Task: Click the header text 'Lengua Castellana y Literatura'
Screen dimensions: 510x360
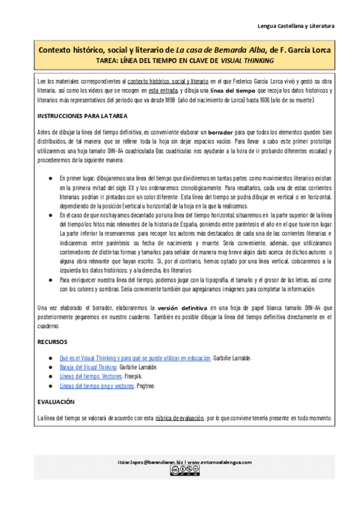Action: click(x=295, y=26)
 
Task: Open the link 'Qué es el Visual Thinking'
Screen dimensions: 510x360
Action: click(x=135, y=357)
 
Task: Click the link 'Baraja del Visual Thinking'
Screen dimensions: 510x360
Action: click(x=82, y=366)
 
